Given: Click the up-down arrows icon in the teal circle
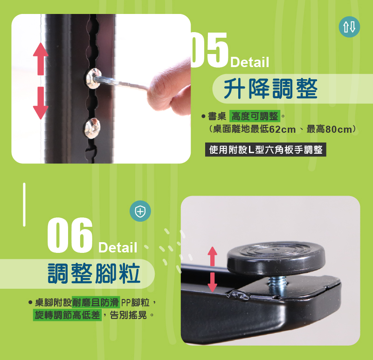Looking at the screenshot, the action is click(x=349, y=27).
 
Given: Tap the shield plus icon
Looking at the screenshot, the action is click(x=140, y=211).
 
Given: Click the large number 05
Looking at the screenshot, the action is click(x=209, y=50).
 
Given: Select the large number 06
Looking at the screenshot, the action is click(x=69, y=235).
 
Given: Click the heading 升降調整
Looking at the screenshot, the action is click(x=270, y=88).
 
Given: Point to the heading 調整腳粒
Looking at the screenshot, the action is click(x=94, y=273).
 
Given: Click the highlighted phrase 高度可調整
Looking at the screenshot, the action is click(x=255, y=116).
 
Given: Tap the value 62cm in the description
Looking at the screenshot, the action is click(x=283, y=129).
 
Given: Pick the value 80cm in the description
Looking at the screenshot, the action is click(x=339, y=129).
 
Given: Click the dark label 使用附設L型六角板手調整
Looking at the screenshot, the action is click(x=265, y=149).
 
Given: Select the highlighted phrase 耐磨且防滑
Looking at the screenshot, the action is click(x=96, y=303).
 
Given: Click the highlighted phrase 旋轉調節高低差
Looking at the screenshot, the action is click(x=67, y=315).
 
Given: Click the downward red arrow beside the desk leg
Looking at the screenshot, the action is click(x=41, y=103).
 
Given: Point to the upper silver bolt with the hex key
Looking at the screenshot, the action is click(x=93, y=78).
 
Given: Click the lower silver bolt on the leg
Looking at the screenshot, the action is click(x=92, y=128).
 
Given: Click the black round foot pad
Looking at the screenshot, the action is click(x=276, y=258).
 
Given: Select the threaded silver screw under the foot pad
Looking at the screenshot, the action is click(x=277, y=285).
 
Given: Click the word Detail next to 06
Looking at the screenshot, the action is click(x=118, y=248).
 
